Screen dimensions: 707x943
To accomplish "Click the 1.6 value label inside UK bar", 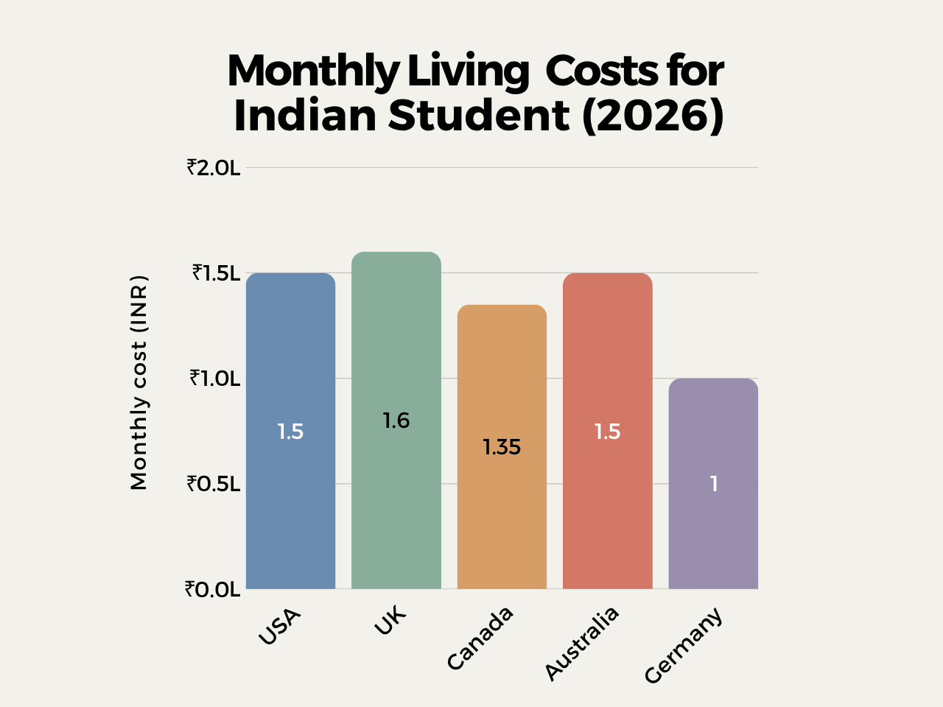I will click(x=396, y=421).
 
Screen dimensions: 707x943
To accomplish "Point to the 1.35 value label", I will click(x=502, y=447).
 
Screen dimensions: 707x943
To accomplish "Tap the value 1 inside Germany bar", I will click(x=713, y=484).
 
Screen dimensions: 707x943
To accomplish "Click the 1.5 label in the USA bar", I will click(x=290, y=432).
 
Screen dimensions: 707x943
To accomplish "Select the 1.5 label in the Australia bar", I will click(x=608, y=432).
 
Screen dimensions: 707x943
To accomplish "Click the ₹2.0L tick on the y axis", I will click(x=214, y=168).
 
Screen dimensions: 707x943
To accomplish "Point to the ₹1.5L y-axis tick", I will click(x=217, y=273).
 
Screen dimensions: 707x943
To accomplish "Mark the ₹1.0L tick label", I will click(x=215, y=379).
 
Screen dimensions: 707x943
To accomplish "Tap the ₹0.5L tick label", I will click(x=214, y=484).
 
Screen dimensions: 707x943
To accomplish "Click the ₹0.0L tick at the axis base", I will click(x=213, y=589).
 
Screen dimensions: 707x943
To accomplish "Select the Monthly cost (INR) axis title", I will click(x=139, y=382).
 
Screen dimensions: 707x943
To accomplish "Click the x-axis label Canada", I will click(x=480, y=639).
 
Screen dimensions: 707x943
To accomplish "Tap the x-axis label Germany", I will click(x=684, y=646).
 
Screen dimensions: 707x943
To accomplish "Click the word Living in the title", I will click(x=468, y=72).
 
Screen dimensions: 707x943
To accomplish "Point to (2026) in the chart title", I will click(x=653, y=116).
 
